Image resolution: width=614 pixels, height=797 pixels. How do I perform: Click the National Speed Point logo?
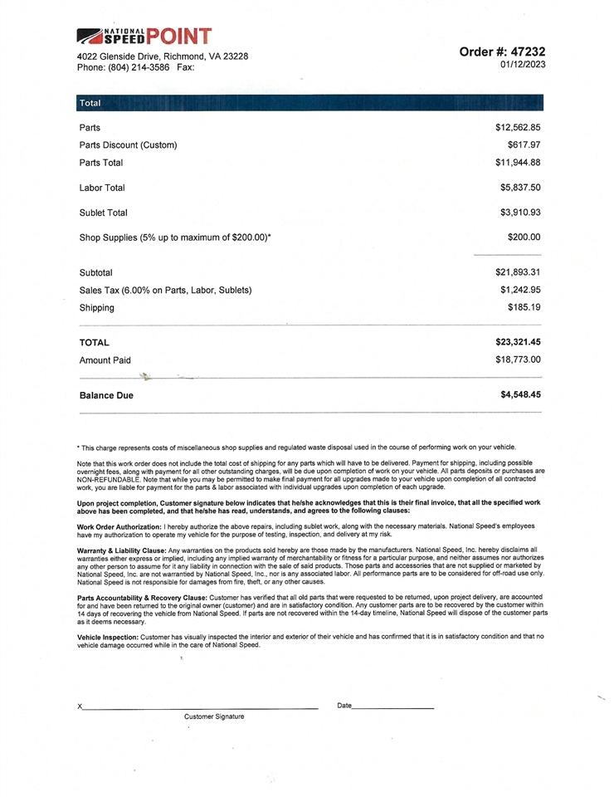tap(144, 36)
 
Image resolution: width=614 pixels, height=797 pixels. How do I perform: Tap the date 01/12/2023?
tap(523, 64)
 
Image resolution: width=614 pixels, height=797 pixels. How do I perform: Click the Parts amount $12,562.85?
tap(518, 128)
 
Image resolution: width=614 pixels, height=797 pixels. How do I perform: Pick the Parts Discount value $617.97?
tap(524, 145)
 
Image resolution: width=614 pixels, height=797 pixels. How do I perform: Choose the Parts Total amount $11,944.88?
tap(518, 163)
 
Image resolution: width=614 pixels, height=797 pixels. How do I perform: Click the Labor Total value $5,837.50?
tap(520, 188)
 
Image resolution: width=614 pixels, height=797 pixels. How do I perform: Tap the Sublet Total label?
tap(104, 213)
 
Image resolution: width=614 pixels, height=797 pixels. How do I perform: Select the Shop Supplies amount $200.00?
tap(524, 237)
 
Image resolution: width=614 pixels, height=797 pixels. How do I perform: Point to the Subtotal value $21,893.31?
tap(518, 272)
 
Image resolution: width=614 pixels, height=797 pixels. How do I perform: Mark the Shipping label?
tap(97, 308)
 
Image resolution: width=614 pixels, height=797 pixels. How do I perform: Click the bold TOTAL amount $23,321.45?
tap(518, 342)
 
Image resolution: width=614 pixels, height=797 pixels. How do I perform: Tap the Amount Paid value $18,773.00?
tap(518, 359)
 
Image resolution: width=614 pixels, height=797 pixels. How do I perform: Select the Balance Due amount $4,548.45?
tap(520, 395)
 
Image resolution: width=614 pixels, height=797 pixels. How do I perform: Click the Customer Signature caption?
tap(214, 716)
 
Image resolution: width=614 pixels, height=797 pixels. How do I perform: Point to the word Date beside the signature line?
tap(344, 706)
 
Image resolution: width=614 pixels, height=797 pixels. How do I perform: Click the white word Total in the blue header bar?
tap(90, 104)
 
